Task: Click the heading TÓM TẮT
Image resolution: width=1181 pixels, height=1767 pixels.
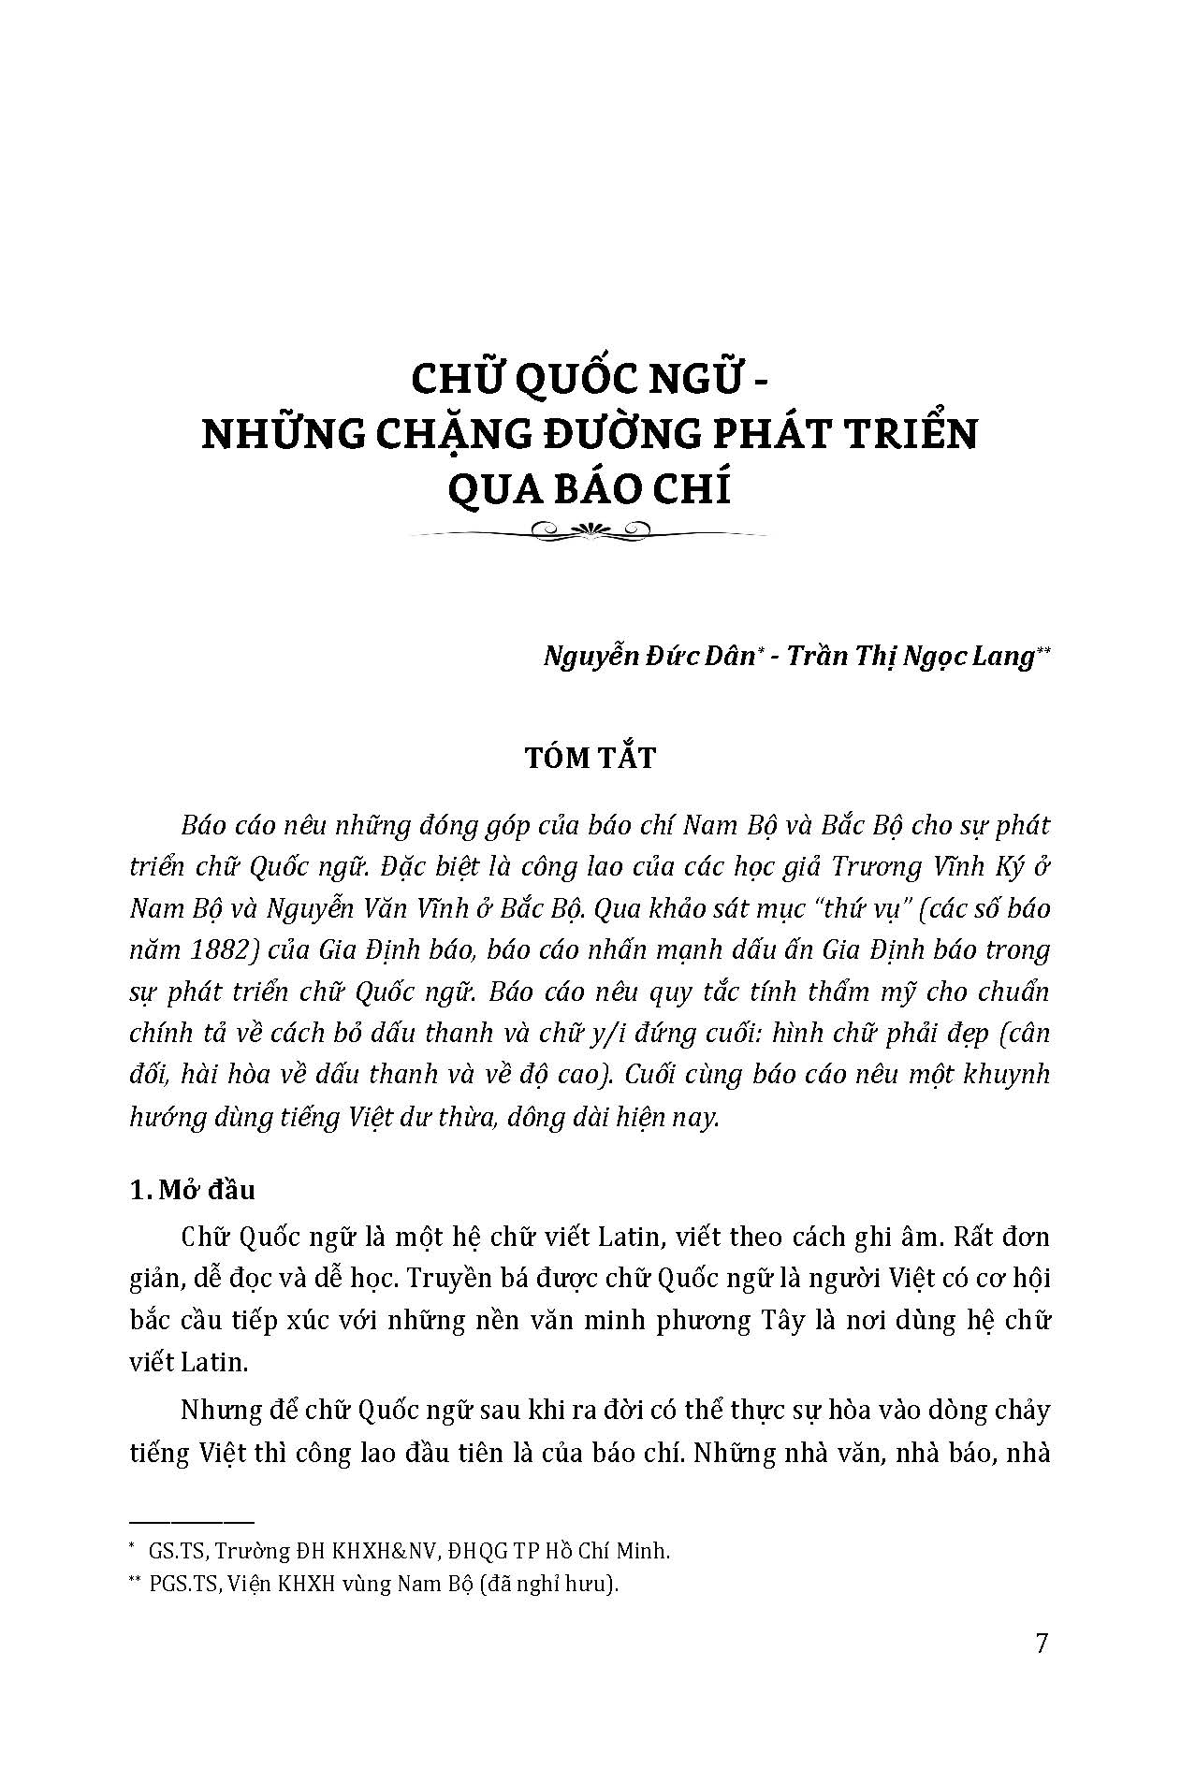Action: point(590,757)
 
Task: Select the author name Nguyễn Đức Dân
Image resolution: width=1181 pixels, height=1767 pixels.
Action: point(648,657)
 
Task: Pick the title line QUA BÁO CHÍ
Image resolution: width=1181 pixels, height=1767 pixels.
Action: point(590,488)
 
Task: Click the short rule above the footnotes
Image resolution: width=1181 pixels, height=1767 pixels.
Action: point(192,1523)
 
